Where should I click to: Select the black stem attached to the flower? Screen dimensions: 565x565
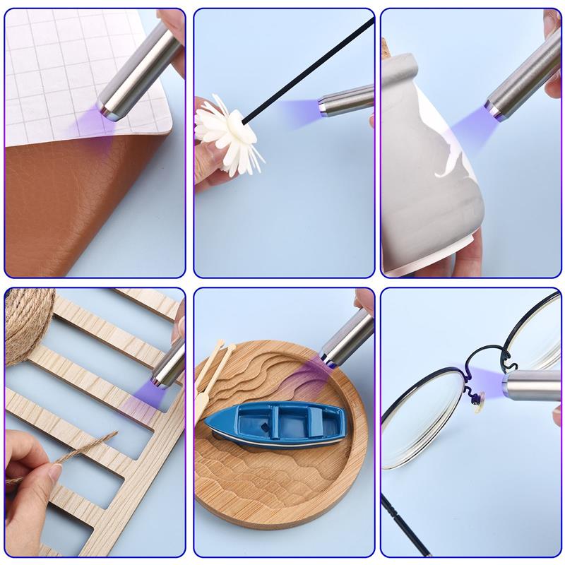point(311,71)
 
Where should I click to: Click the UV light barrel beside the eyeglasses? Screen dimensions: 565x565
point(530,385)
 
